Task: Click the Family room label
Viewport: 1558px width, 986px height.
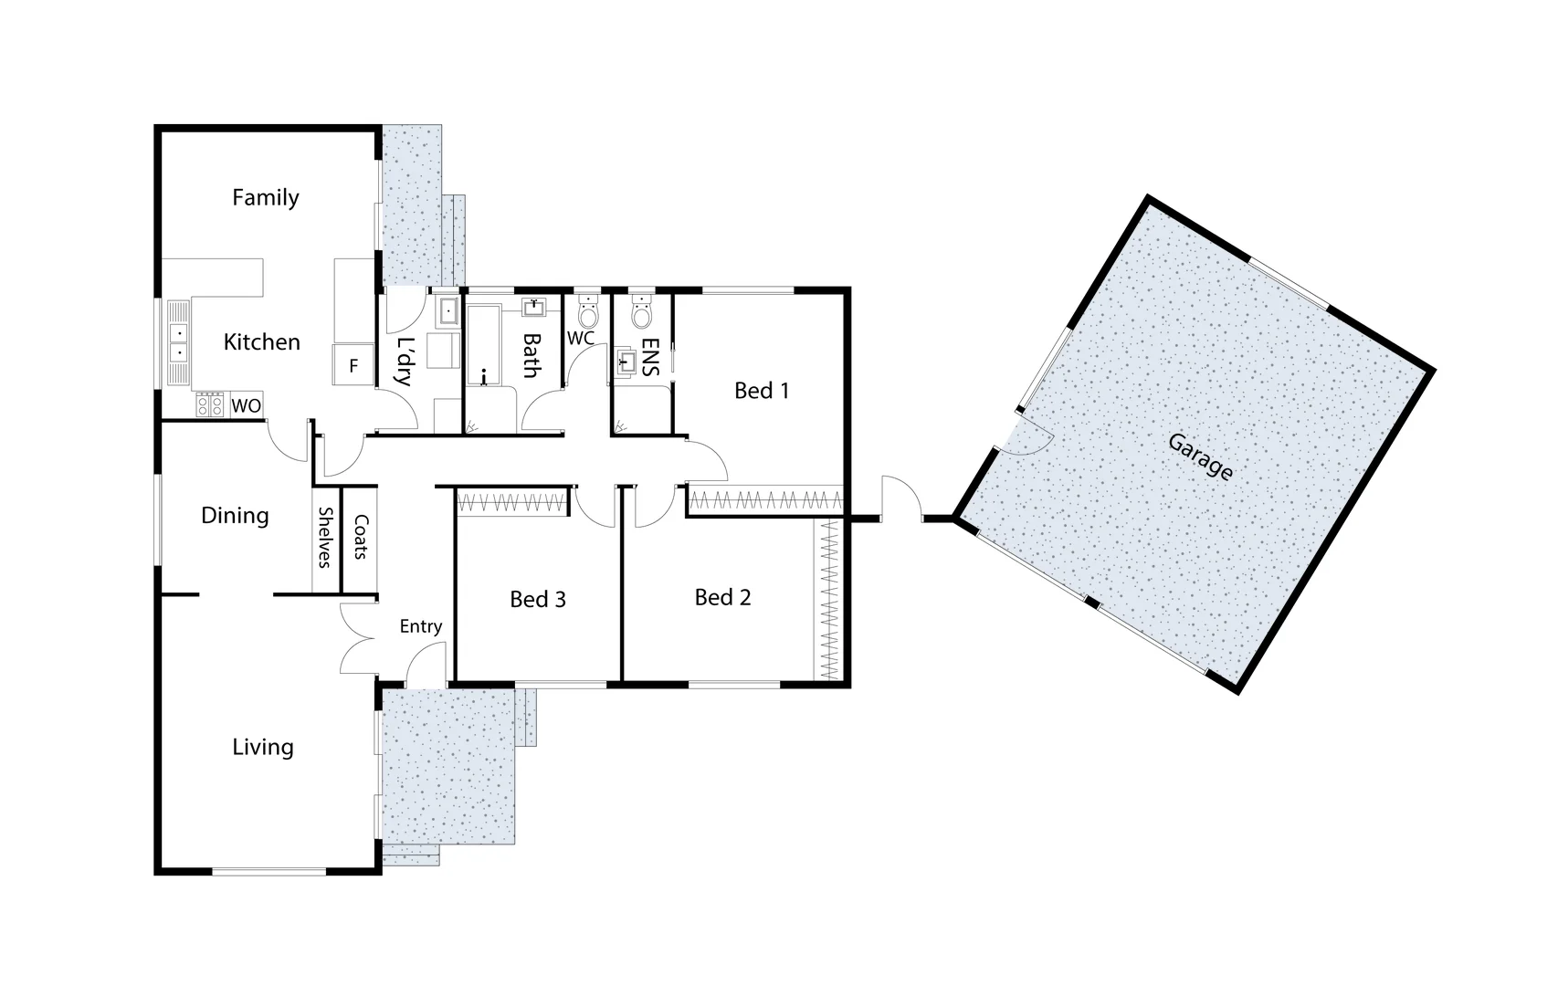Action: coord(265,197)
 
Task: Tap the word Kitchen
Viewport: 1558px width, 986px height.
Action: coord(261,341)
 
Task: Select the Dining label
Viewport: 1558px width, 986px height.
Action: coord(235,515)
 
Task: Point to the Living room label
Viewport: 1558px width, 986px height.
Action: coord(262,747)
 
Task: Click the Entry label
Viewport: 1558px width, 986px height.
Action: coord(420,626)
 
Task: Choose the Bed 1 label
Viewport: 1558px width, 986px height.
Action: coord(761,391)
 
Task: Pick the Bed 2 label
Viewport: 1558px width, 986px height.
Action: coord(722,597)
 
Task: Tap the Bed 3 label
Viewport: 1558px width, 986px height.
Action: coord(537,599)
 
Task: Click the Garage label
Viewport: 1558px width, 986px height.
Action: coord(1200,456)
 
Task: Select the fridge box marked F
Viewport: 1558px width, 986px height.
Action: coord(353,366)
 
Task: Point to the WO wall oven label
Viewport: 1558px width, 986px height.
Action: coord(246,405)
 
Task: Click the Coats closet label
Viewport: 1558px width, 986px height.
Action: coord(361,537)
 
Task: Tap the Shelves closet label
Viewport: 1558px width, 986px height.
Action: coord(324,537)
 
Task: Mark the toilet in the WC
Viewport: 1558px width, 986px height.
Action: coord(587,314)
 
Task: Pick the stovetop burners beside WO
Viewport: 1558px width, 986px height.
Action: coord(210,404)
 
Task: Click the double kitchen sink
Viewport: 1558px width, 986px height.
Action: coord(178,343)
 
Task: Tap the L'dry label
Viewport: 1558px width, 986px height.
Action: coord(403,362)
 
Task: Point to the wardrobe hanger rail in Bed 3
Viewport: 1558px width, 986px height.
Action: coord(512,500)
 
